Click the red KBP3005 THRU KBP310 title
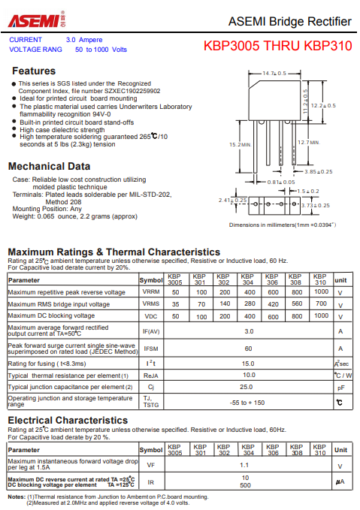coord(277,46)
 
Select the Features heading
coord(34,71)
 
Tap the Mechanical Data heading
coord(49,166)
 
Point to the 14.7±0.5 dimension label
coord(274,74)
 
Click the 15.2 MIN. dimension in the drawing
coord(241,144)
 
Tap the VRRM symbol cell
coord(151,292)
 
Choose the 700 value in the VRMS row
coord(321,303)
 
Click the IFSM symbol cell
coord(151,349)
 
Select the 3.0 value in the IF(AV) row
coord(249,330)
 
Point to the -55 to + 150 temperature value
coord(248,403)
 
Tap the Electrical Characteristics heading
coord(68,420)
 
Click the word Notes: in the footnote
coord(17,496)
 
